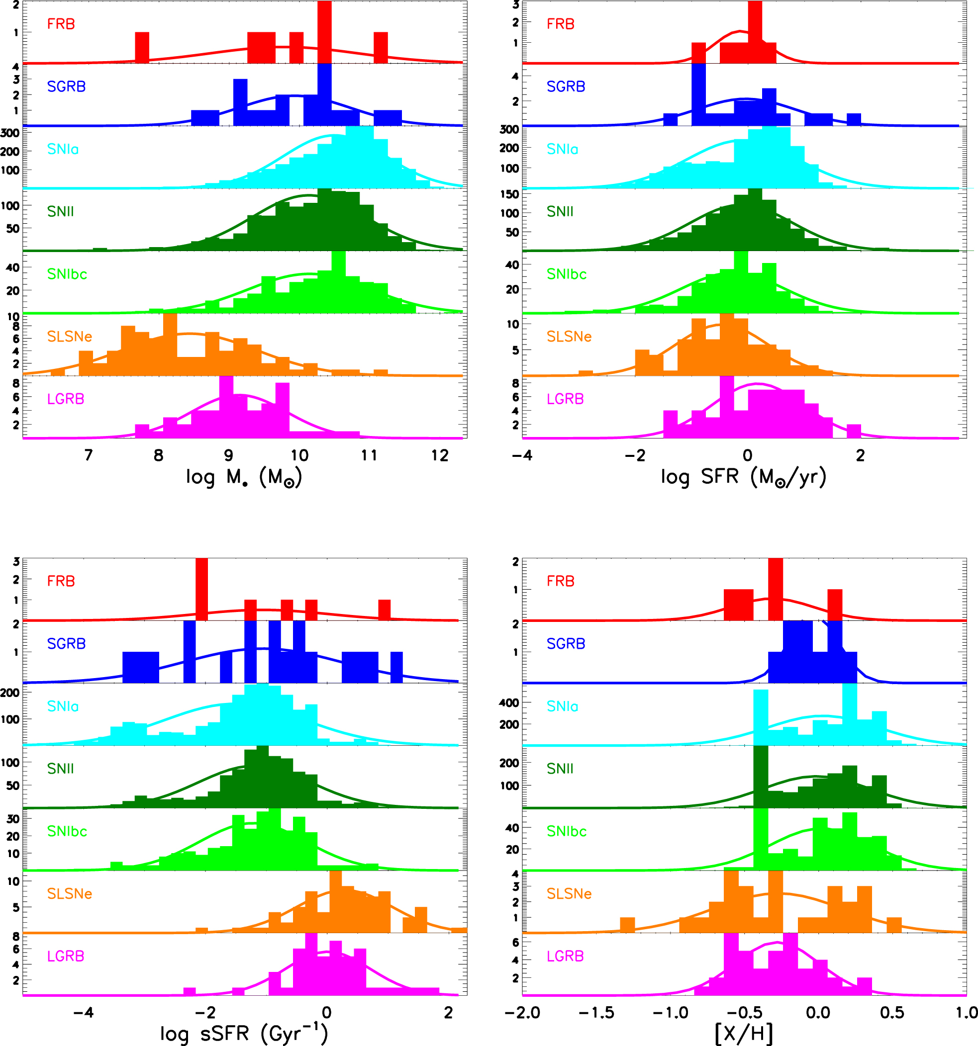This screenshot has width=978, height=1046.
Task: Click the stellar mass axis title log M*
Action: pos(244,477)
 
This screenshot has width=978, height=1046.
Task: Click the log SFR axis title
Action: pos(743,477)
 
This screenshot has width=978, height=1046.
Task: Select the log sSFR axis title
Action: pos(244,1034)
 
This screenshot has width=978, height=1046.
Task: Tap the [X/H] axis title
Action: pos(744,1034)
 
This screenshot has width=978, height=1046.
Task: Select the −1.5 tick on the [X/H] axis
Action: pos(596,1012)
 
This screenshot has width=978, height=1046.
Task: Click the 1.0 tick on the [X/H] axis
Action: pos(967,1012)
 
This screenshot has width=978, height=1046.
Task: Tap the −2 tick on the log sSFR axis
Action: pos(204,1012)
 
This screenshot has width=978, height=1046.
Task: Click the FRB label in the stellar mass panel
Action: pos(61,24)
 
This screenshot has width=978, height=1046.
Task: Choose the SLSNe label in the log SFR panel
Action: pos(569,337)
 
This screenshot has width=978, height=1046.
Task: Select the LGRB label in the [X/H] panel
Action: pos(565,956)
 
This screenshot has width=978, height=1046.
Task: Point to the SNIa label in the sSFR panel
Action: pos(63,706)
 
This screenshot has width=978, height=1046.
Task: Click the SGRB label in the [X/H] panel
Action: pos(566,643)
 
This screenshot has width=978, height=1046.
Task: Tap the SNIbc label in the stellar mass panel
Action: pos(67,274)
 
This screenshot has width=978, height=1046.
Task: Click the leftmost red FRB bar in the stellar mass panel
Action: pos(142,47)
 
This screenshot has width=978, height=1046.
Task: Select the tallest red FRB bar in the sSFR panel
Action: pos(201,589)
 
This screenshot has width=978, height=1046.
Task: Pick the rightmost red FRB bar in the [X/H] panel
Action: pos(835,605)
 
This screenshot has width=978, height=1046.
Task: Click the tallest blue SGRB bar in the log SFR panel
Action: pos(698,95)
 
